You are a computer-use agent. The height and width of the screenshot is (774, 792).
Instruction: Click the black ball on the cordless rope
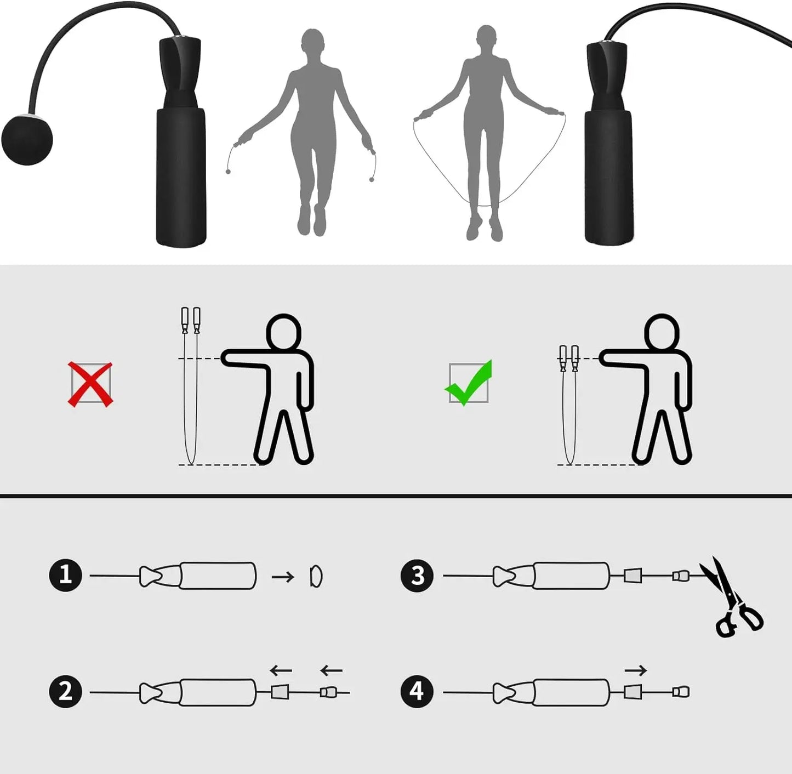pyautogui.click(x=27, y=139)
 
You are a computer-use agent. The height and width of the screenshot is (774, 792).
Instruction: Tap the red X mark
pyautogui.click(x=90, y=384)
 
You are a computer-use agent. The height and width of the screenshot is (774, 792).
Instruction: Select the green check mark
pyautogui.click(x=469, y=383)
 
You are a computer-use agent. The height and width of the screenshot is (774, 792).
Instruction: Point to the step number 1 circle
pyautogui.click(x=66, y=575)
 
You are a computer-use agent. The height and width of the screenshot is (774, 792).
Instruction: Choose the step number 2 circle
pyautogui.click(x=66, y=691)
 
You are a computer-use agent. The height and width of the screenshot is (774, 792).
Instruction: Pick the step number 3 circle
pyautogui.click(x=417, y=576)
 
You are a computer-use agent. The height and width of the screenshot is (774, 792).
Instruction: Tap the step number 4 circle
pyautogui.click(x=417, y=691)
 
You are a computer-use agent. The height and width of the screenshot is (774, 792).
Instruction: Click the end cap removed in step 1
pyautogui.click(x=316, y=576)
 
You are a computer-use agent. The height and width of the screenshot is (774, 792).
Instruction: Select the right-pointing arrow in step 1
pyautogui.click(x=283, y=577)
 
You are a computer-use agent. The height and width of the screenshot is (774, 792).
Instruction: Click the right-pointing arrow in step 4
pyautogui.click(x=636, y=670)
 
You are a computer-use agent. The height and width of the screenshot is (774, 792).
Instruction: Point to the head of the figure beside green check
pyautogui.click(x=662, y=331)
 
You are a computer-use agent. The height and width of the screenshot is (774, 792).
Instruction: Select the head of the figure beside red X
pyautogui.click(x=284, y=331)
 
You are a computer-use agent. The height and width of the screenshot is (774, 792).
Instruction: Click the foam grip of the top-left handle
pyautogui.click(x=181, y=175)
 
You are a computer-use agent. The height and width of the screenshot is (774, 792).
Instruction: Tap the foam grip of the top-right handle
pyautogui.click(x=609, y=175)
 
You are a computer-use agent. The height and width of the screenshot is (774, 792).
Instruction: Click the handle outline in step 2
pyautogui.click(x=218, y=693)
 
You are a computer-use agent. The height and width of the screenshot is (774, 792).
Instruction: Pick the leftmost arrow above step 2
pyautogui.click(x=281, y=670)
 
